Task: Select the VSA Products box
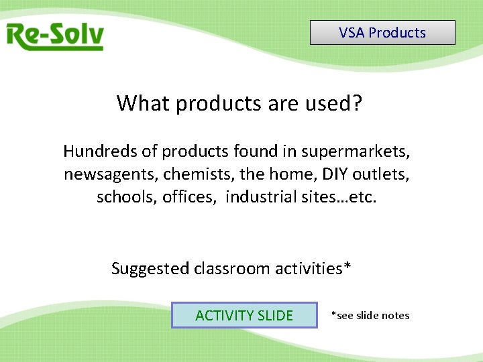382,33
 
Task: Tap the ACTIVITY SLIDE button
244,315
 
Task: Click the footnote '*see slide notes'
370,315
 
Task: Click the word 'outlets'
384,174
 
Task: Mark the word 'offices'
190,197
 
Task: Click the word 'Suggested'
150,269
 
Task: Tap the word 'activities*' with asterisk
313,269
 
